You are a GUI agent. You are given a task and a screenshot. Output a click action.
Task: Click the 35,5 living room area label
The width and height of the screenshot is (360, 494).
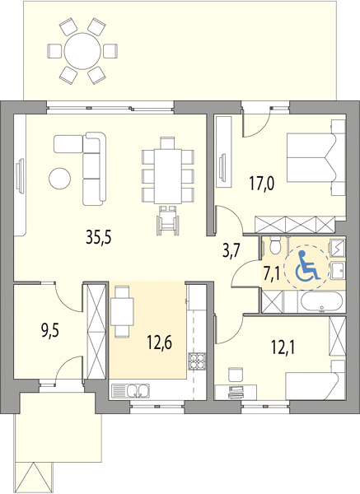coord(99,237)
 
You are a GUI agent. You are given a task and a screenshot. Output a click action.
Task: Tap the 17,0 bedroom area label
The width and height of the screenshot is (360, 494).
coord(262,184)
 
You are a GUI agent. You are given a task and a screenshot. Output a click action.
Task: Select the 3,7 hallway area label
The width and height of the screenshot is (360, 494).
coord(232,251)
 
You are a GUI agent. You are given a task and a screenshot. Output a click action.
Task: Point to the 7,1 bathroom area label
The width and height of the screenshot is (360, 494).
coord(272,274)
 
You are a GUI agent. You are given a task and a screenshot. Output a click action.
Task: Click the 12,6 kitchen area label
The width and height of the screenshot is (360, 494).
coord(160,343)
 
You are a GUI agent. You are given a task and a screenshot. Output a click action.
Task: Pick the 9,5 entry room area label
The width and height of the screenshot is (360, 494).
coord(50,332)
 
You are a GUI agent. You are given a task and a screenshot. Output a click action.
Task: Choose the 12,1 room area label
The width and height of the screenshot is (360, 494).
coord(283,347)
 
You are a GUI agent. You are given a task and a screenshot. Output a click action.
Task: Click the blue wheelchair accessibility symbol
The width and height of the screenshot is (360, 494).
coord(307,265)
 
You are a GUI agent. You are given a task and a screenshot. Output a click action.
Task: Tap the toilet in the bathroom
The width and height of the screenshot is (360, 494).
coord(275,245)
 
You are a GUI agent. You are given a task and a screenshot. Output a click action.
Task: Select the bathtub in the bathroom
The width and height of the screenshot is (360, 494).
coord(321,302)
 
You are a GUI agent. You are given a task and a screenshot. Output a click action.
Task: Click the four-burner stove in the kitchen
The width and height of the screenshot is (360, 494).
coord(198,361)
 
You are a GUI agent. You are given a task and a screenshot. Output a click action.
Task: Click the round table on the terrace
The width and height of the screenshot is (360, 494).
coord(82,51)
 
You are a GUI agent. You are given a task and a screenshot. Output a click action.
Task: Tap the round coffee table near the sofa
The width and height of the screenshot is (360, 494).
coord(59,179)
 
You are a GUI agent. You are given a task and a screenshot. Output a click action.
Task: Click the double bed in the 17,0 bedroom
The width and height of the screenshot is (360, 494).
coord(312,157)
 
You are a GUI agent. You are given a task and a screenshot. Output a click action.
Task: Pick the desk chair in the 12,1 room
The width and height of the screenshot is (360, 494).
coord(236,375)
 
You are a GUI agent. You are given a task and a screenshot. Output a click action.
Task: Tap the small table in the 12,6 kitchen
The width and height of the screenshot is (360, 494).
coord(122,311)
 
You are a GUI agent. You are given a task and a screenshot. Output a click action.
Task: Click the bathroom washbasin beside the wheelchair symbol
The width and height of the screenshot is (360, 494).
coord(338,271)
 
